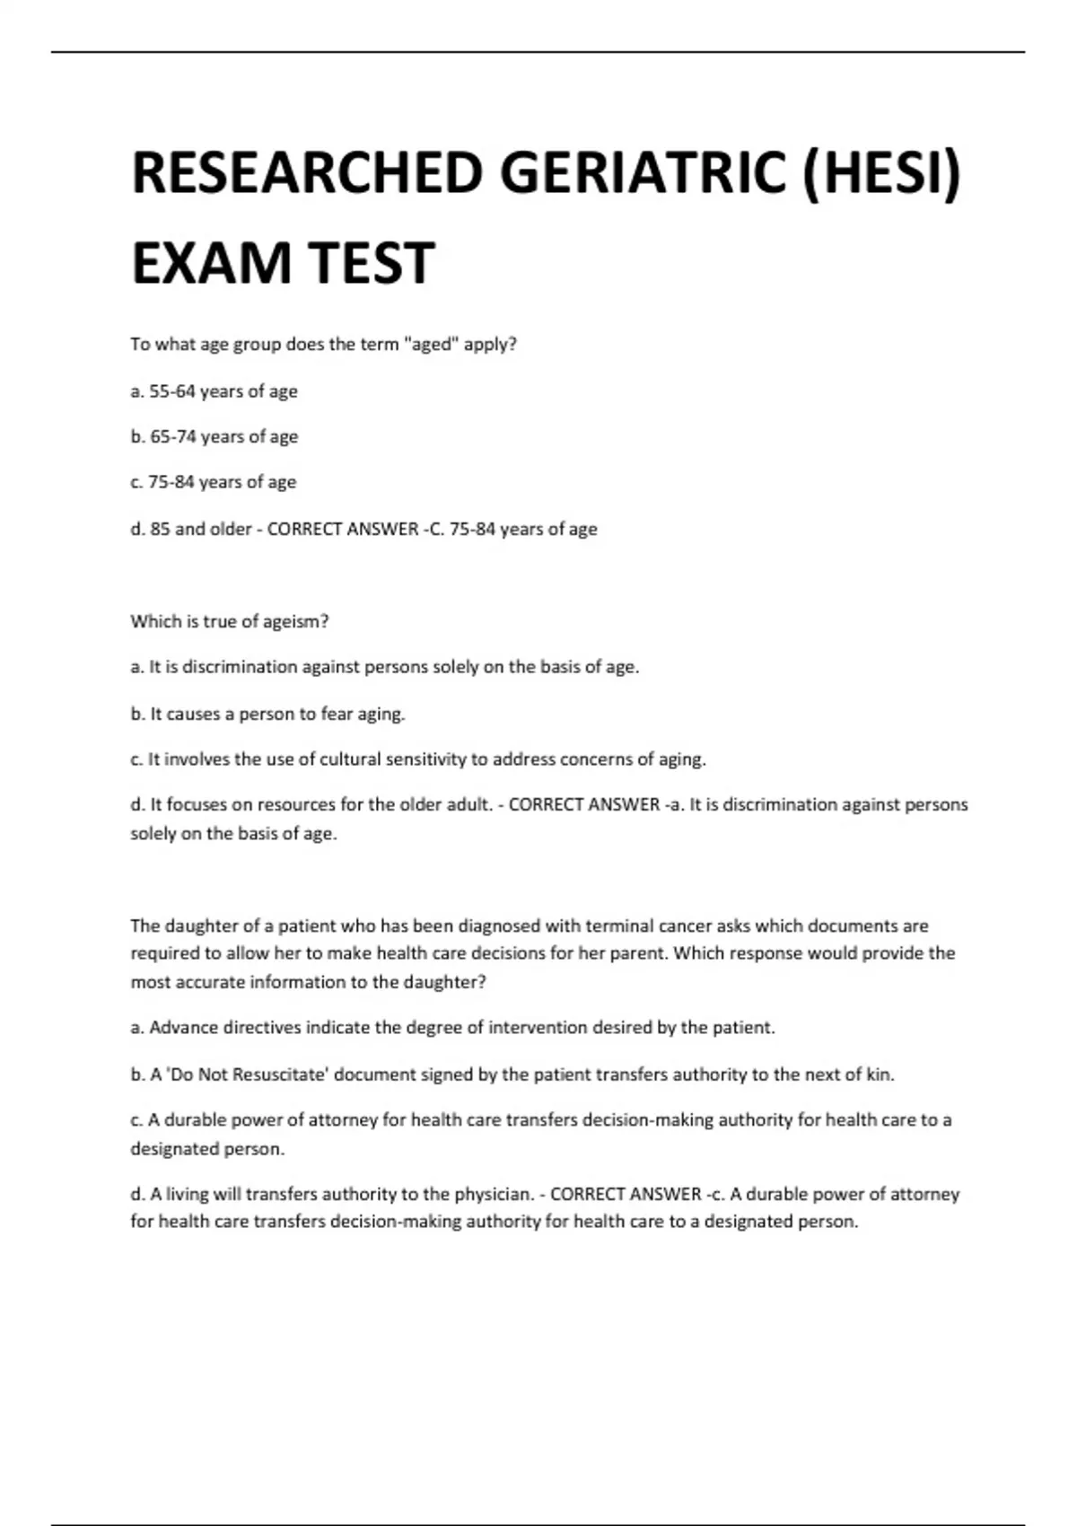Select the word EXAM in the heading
212,263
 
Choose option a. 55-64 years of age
214,391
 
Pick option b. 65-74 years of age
214,437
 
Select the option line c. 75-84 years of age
213,482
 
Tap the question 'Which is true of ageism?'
230,621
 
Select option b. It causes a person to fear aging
267,714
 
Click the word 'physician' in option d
492,1195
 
